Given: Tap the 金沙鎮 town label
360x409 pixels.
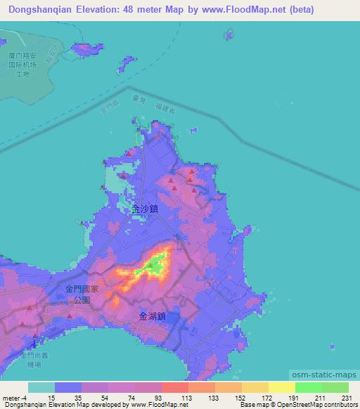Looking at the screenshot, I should (x=145, y=209).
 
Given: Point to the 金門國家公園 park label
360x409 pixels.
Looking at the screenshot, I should (x=83, y=294).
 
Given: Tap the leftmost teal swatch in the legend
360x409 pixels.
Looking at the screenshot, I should (x=41, y=387).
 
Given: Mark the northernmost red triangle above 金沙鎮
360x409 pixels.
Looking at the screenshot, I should (x=191, y=171).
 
